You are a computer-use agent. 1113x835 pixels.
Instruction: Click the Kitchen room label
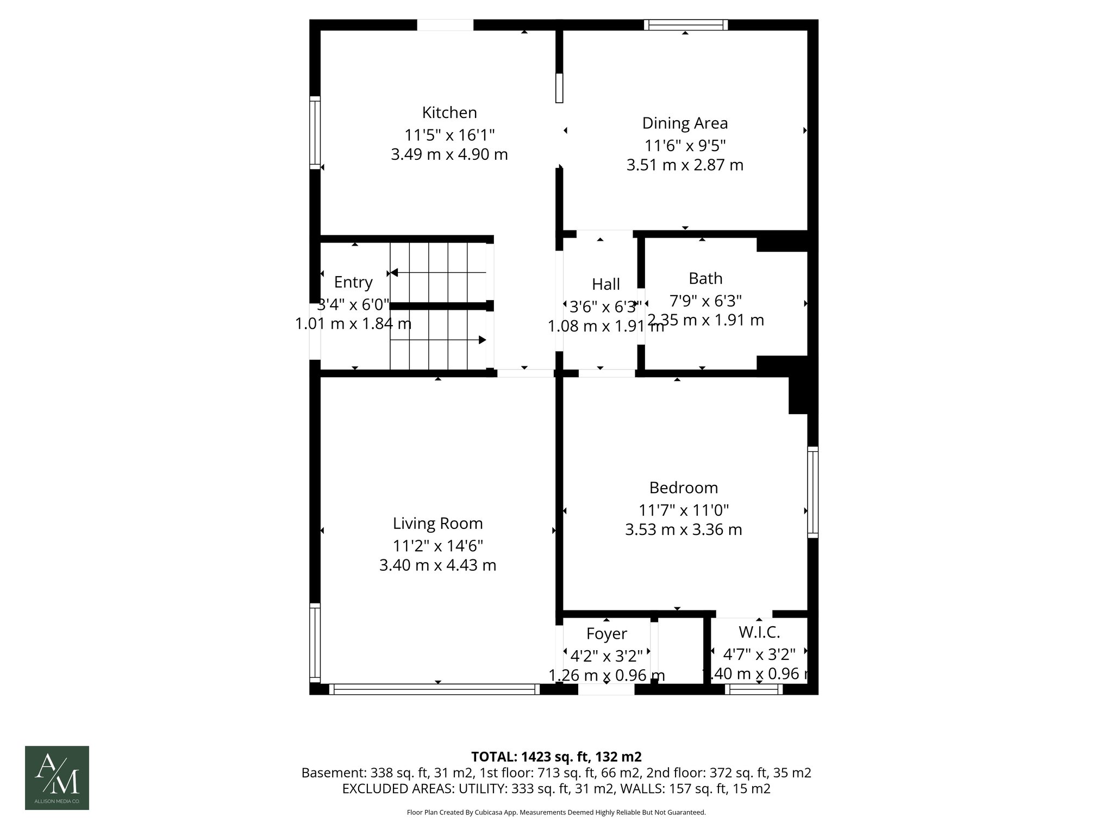pos(449,113)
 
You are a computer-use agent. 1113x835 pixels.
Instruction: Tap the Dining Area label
pos(685,123)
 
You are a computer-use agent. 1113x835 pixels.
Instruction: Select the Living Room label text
pos(437,524)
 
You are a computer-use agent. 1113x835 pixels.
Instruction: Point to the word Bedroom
pos(683,488)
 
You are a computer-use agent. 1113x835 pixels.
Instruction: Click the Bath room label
pos(705,278)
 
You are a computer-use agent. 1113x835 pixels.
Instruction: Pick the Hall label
pos(605,284)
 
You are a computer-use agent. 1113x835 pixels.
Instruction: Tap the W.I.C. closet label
pos(759,632)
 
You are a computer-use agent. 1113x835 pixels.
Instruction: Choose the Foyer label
pos(606,634)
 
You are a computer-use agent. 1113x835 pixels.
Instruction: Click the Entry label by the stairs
pos(353,282)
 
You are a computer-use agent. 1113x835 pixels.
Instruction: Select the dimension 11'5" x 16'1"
pos(449,134)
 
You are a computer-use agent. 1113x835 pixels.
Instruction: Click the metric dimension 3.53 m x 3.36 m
pos(683,529)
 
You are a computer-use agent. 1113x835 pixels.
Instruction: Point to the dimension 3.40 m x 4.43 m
pos(437,565)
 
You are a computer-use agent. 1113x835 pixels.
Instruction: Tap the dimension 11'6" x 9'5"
pos(685,145)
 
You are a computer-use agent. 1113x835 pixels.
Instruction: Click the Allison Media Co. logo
pos(57,778)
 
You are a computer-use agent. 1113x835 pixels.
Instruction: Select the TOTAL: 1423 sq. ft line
pos(556,757)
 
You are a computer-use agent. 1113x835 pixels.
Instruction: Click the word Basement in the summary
pos(333,773)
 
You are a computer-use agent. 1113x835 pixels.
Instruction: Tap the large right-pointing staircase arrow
pos(482,340)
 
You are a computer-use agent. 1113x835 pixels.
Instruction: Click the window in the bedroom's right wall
pos(812,492)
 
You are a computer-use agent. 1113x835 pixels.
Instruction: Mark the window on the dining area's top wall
pos(685,24)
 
